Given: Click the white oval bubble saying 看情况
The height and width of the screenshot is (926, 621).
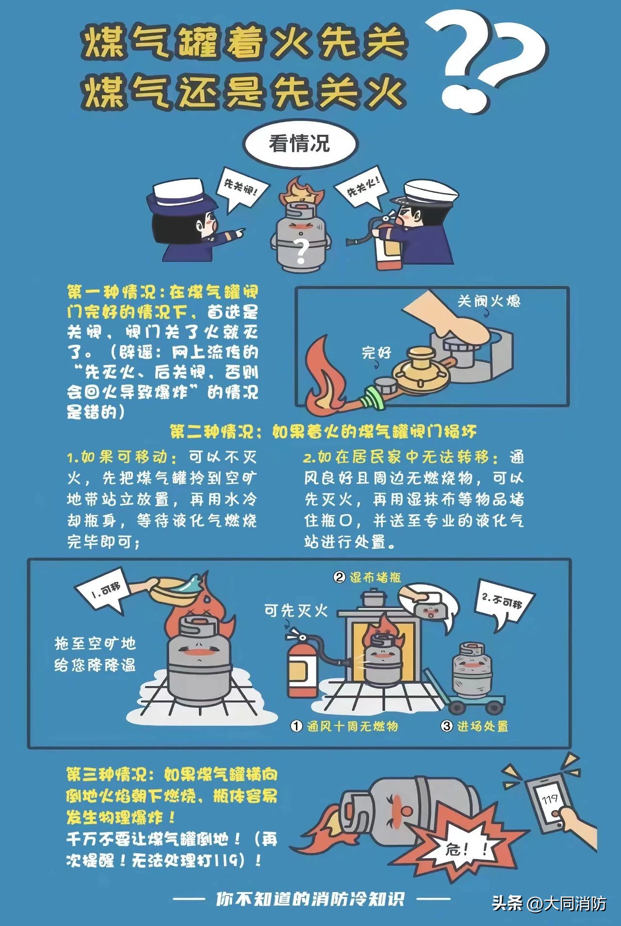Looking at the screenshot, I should [x=300, y=144].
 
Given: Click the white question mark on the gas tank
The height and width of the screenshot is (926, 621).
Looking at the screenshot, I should [x=301, y=250].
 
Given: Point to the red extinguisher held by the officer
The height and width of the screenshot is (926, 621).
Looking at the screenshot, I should [x=387, y=245].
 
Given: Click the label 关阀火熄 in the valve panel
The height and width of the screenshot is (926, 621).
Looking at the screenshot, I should [x=489, y=301].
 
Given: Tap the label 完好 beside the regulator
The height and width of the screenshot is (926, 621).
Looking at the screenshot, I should [x=376, y=352].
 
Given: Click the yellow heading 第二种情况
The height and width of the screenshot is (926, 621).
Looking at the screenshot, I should [x=323, y=431].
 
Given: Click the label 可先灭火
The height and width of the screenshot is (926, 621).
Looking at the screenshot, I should [x=296, y=610].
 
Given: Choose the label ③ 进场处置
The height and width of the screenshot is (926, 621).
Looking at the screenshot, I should [x=474, y=726].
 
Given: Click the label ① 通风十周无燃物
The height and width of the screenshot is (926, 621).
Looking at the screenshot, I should [x=345, y=726].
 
